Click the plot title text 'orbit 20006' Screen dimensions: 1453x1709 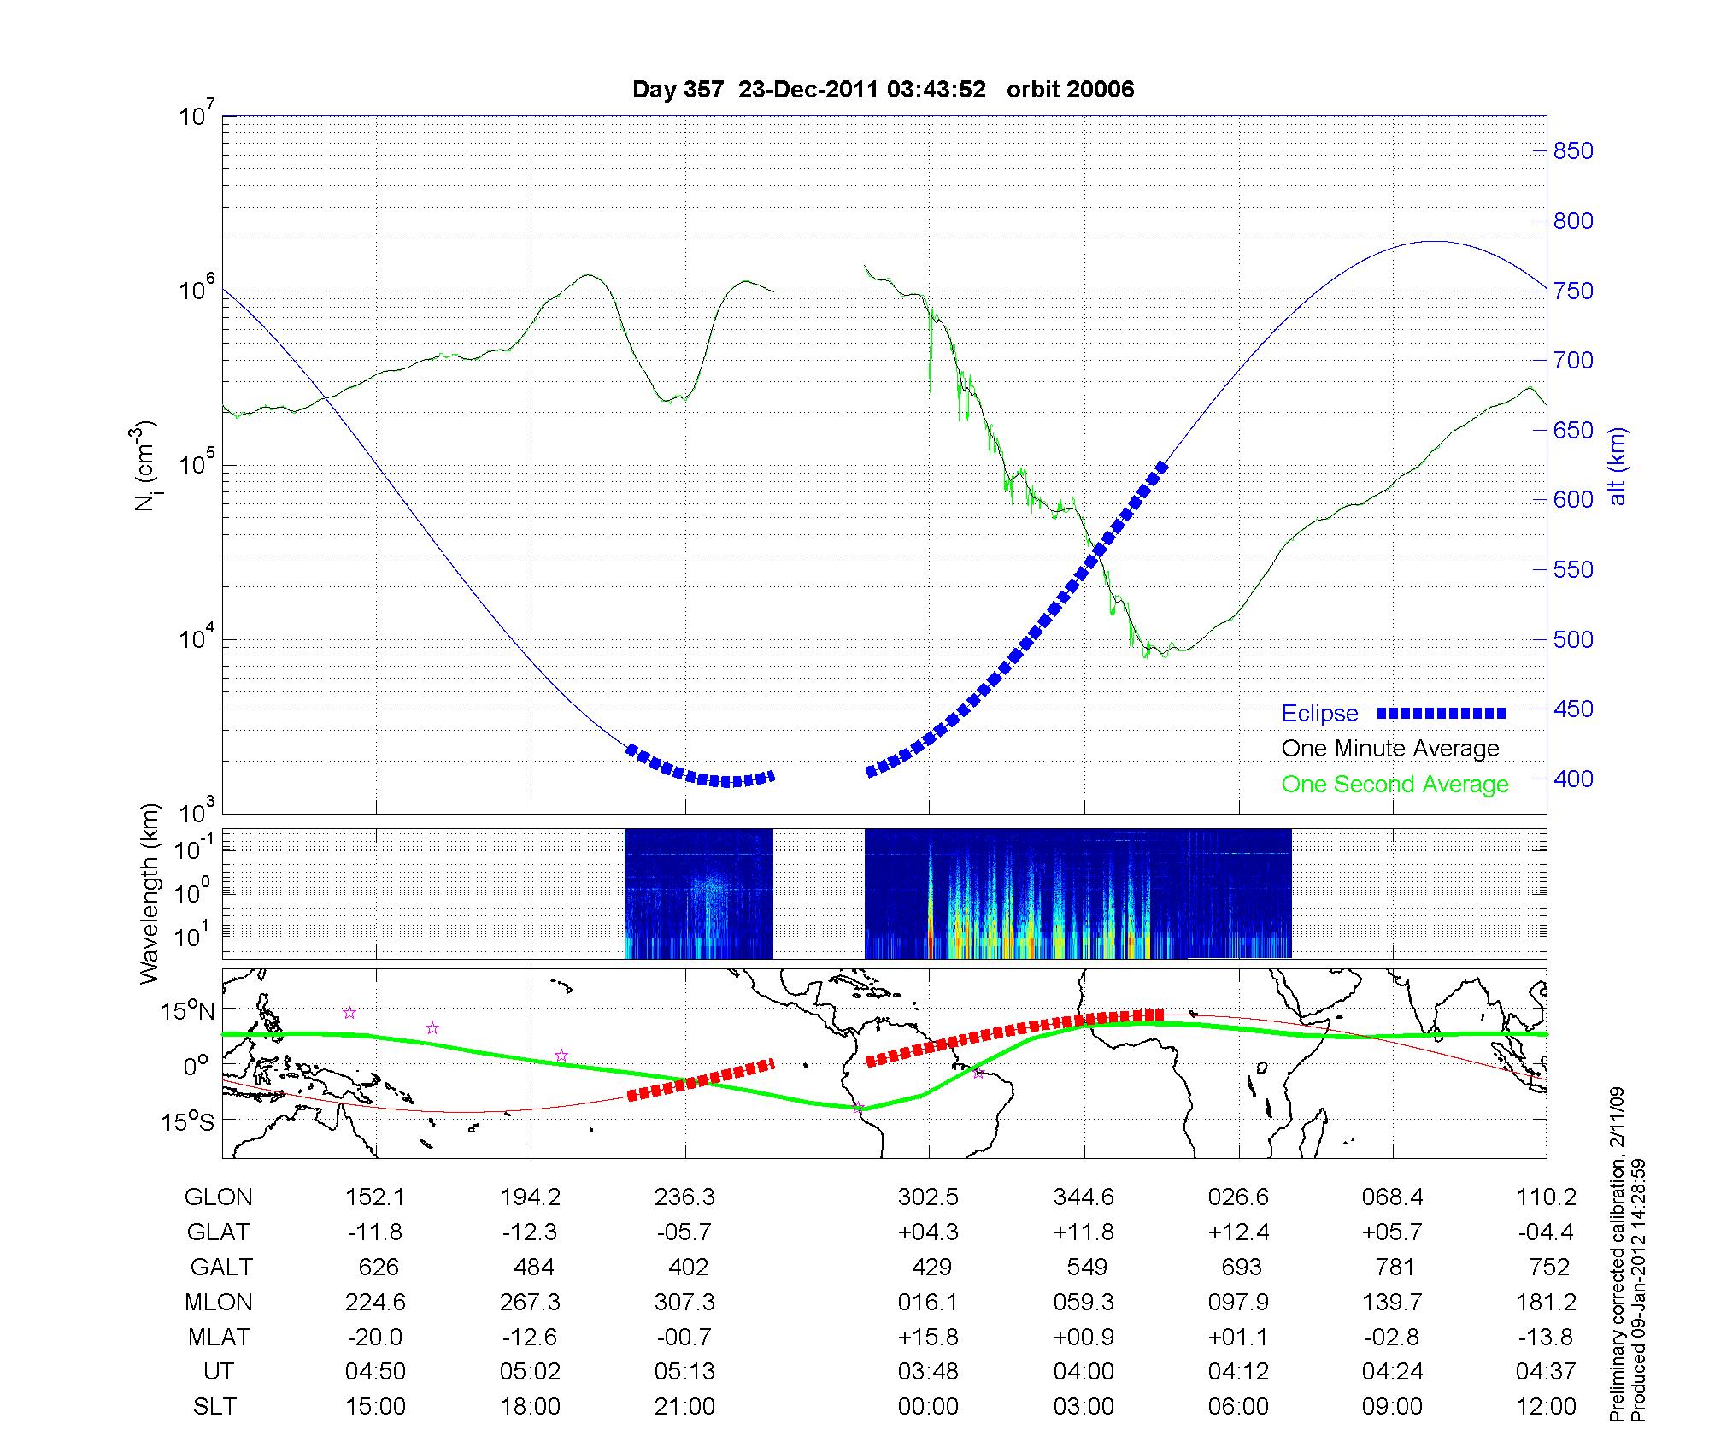pos(1070,90)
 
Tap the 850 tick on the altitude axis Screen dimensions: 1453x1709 pos(1572,151)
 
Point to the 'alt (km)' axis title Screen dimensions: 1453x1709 pos(1618,466)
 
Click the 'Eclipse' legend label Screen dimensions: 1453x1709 pos(1319,714)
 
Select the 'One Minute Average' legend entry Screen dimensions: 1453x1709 pos(1390,749)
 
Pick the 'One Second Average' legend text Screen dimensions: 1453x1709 pos(1395,785)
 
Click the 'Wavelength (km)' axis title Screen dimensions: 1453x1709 pos(149,893)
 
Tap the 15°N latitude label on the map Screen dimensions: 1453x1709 pos(189,1012)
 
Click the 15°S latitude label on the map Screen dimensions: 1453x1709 pos(189,1121)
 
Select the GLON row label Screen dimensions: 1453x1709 pos(218,1197)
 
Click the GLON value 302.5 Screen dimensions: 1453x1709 pos(928,1197)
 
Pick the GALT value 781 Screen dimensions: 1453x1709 pos(1394,1267)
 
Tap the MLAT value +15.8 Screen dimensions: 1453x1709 pos(928,1337)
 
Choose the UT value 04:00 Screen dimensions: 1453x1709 pos(1084,1372)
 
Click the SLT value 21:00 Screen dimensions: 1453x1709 pos(684,1407)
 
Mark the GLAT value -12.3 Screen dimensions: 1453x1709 pos(531,1232)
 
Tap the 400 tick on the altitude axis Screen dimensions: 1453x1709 pos(1572,779)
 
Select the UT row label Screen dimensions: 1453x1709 pos(218,1372)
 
